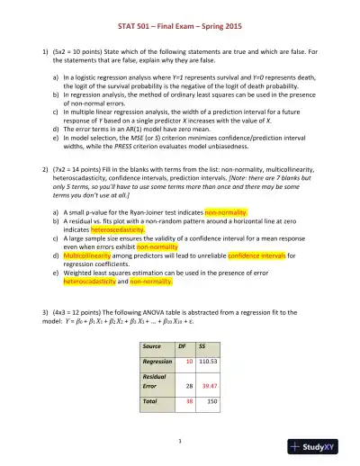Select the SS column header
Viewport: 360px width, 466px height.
point(204,344)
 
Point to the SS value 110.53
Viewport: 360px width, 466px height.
point(211,360)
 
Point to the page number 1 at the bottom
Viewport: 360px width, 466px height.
point(180,441)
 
